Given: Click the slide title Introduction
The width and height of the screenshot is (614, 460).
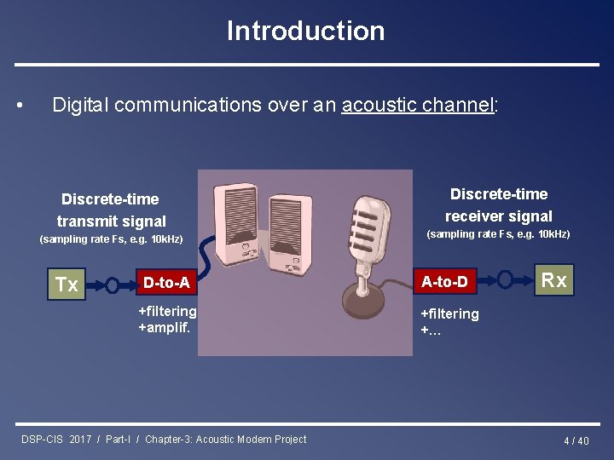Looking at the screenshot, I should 305,31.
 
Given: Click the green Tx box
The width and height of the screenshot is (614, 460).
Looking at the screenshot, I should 67,285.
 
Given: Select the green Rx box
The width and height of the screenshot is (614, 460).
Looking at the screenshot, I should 554,280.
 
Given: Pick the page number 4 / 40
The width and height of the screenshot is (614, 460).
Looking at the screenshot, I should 576,440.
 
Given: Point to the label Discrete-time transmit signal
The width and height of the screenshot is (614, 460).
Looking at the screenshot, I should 111,210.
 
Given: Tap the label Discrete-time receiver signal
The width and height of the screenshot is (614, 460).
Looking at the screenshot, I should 498,205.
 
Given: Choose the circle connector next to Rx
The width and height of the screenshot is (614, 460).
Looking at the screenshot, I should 505,280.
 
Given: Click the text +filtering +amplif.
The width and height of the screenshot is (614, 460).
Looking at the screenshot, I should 167,319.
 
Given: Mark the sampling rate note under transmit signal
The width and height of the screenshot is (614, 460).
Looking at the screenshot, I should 111,239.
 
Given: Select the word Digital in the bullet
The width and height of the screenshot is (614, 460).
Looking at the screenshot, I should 80,105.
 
